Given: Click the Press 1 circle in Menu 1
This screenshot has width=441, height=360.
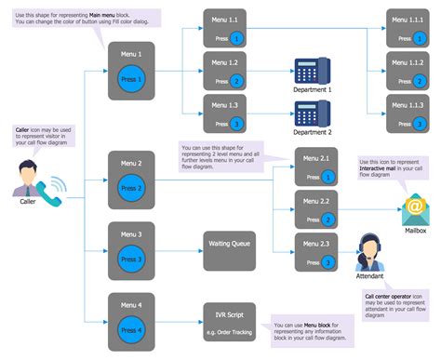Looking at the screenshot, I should [x=131, y=79].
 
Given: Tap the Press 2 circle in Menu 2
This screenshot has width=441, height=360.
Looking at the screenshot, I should [x=131, y=187].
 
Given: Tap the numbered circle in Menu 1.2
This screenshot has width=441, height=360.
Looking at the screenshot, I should [x=237, y=82].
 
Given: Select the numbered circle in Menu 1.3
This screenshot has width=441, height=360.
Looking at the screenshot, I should [x=237, y=123].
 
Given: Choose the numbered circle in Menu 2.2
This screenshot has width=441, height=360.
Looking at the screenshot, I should [x=328, y=220].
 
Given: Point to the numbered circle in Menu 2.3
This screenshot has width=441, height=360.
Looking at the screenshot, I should [x=328, y=263].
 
